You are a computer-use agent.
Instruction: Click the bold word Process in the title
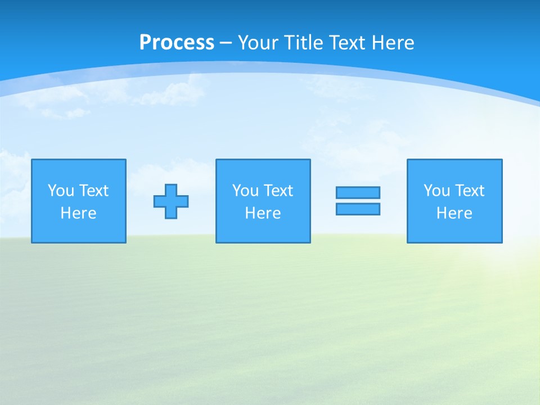point(177,42)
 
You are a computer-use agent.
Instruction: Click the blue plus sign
point(171,201)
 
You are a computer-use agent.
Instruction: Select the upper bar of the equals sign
point(358,192)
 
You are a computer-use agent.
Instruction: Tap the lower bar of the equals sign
point(358,209)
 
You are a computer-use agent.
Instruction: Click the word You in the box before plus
point(61,191)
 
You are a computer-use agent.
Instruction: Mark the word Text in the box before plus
point(93,191)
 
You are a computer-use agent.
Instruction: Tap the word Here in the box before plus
point(79,213)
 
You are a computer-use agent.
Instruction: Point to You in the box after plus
point(245,191)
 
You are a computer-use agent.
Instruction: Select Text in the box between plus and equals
point(278,191)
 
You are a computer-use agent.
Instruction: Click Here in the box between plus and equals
point(263,213)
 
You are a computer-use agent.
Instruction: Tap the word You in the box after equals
point(436,191)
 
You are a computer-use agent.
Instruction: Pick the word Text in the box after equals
point(469,191)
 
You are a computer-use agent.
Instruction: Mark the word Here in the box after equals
point(454,213)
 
